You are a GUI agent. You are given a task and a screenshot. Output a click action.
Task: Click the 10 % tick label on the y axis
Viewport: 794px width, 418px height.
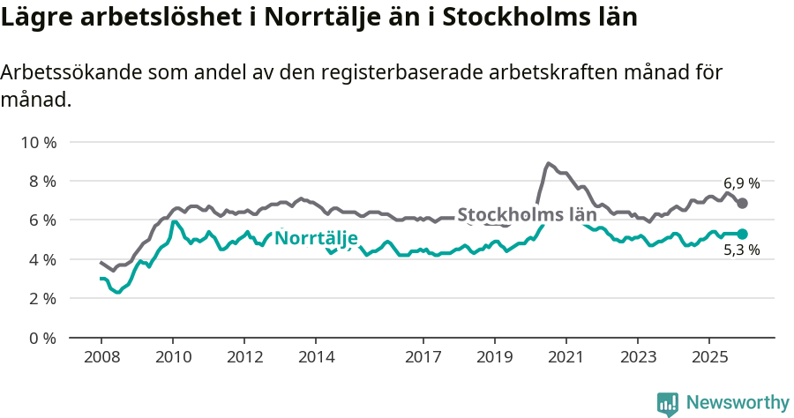point(37,142)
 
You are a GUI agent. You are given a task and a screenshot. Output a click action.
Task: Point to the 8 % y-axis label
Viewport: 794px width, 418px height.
point(41,181)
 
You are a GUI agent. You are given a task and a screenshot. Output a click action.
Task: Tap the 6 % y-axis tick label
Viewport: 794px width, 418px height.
point(41,220)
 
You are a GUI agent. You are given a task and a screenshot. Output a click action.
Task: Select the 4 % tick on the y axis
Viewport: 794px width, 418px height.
point(41,259)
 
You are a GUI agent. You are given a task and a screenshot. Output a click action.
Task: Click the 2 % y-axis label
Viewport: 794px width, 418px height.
point(41,298)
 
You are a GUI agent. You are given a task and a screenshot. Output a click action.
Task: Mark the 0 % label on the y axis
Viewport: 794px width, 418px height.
point(41,338)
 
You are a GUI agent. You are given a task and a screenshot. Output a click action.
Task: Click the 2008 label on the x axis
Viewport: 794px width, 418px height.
point(101,357)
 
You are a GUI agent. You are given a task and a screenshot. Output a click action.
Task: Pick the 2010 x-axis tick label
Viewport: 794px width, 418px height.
point(172,357)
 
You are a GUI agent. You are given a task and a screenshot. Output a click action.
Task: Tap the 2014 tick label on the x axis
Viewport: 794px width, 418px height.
point(316,357)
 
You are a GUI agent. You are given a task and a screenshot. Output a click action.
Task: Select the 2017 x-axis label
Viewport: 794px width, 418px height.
point(423,357)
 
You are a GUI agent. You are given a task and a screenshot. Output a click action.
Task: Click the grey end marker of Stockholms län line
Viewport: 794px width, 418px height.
point(743,203)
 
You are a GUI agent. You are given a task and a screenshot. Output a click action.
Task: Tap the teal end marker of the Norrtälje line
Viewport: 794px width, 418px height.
point(743,234)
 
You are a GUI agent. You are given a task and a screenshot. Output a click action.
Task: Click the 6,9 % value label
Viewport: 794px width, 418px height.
point(741,183)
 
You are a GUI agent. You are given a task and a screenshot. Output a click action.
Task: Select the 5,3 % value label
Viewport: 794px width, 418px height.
point(741,250)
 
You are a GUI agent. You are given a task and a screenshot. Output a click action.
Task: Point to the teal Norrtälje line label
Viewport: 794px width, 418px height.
point(316,238)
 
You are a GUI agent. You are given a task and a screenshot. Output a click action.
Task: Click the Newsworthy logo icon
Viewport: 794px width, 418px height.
point(668,403)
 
